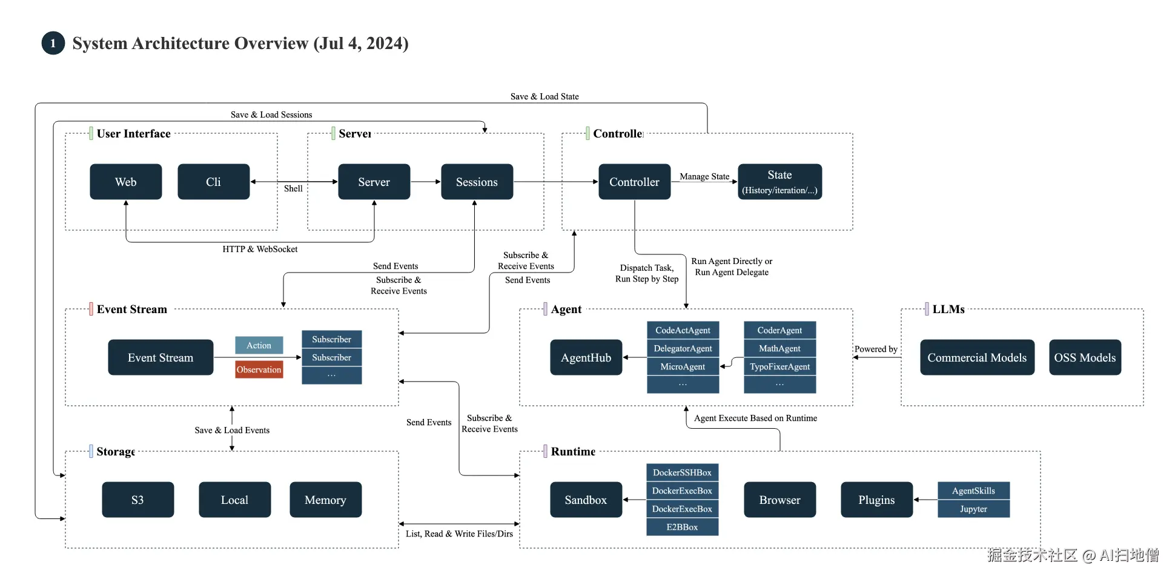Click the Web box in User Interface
pyautogui.click(x=126, y=182)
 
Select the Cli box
pyautogui.click(x=213, y=182)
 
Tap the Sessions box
pyautogui.click(x=477, y=182)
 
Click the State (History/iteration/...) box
pyautogui.click(x=779, y=182)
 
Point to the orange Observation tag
pyautogui.click(x=259, y=369)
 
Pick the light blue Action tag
pyautogui.click(x=259, y=345)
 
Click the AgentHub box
pyautogui.click(x=586, y=357)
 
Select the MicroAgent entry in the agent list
pyautogui.click(x=683, y=366)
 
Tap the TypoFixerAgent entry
pyautogui.click(x=779, y=366)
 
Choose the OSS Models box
pyautogui.click(x=1085, y=357)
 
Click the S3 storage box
pyautogui.click(x=137, y=500)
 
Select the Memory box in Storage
pyautogui.click(x=325, y=500)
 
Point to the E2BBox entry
pyautogui.click(x=682, y=527)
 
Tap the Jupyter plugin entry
pyautogui.click(x=973, y=509)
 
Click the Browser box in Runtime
pyautogui.click(x=779, y=500)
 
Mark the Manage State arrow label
pyautogui.click(x=704, y=176)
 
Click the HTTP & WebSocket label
pyautogui.click(x=260, y=249)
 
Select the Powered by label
pyautogui.click(x=876, y=349)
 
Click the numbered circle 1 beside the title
pyautogui.click(x=53, y=43)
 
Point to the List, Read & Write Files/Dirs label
pyautogui.click(x=459, y=534)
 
